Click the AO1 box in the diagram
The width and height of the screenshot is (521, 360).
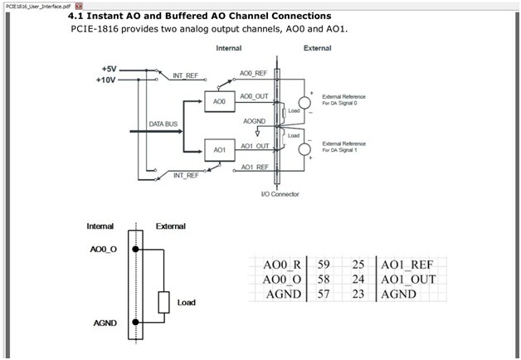point(219,150)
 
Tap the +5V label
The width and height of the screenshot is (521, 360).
point(109,69)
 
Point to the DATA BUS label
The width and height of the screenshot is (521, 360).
point(163,124)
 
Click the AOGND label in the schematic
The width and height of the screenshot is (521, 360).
point(255,121)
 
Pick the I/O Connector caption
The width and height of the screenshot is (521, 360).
point(280,194)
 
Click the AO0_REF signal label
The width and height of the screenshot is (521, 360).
point(253,74)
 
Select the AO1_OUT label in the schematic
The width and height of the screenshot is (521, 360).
point(255,146)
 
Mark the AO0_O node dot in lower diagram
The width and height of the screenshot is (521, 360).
point(136,248)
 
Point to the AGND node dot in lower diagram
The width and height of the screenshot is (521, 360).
point(136,324)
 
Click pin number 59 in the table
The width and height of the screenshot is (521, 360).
point(324,265)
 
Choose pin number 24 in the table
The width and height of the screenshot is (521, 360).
point(359,280)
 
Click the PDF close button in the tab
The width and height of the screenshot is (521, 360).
point(79,5)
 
